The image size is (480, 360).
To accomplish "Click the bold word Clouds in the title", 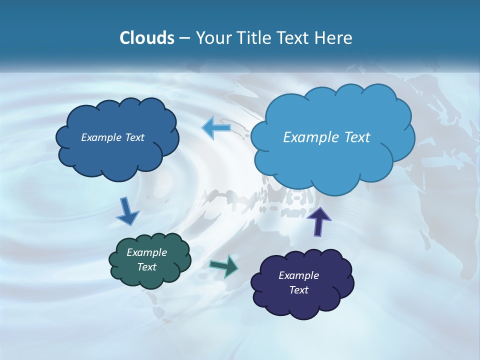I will point(147,38).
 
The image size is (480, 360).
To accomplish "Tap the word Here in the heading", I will point(333,38).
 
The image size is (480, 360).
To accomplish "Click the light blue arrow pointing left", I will point(216,127).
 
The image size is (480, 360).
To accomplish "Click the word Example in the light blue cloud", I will point(310,137).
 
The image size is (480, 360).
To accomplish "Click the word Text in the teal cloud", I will point(147,267).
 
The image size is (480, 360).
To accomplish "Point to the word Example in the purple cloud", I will point(298,275).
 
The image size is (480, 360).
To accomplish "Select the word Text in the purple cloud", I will point(298,290).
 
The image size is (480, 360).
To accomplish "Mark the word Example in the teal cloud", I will point(147,252).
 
